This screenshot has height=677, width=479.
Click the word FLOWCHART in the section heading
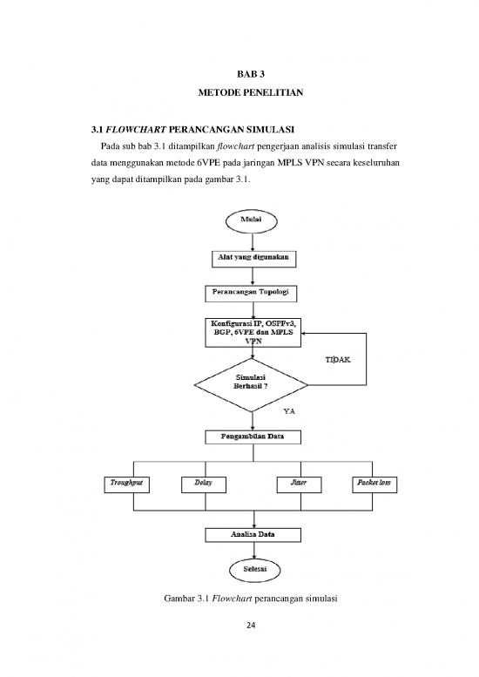[x=122, y=131]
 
